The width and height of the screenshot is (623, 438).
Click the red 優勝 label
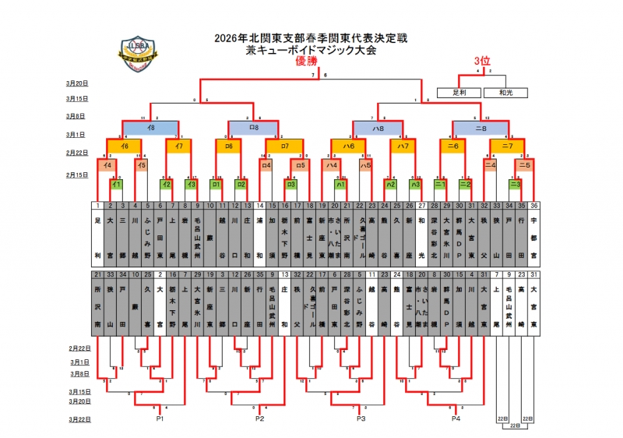[308, 63]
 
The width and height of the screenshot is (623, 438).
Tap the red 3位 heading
[481, 61]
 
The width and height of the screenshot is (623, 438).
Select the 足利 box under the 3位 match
[470, 92]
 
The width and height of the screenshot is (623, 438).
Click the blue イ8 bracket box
[150, 126]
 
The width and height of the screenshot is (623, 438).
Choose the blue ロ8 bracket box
[254, 126]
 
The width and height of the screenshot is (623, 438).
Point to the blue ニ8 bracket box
[480, 126]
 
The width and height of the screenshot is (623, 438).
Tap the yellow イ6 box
[124, 146]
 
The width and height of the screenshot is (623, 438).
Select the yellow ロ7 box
[285, 146]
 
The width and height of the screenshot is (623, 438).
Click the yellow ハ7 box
[403, 146]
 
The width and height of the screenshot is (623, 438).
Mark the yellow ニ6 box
[452, 146]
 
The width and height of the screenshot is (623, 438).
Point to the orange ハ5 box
[365, 165]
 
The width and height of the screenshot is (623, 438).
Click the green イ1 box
[114, 185]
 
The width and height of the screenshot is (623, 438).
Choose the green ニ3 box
[515, 185]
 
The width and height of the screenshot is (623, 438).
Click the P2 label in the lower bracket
[259, 419]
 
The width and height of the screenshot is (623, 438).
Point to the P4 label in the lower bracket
[456, 419]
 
